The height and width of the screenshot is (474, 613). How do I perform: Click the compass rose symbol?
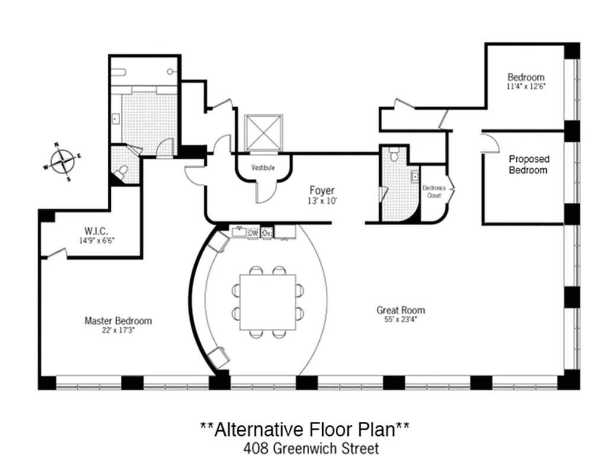point(62,161)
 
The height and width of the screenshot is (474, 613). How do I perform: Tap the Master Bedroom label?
point(118,321)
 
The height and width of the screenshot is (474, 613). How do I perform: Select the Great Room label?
point(400,310)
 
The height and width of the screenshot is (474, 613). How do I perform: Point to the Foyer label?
point(322,190)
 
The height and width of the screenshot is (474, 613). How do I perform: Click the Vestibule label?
point(263,168)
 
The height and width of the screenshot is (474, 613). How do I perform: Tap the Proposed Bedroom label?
point(529,164)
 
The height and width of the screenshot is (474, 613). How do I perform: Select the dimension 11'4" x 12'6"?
point(525,87)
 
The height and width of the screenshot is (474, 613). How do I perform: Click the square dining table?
point(267,302)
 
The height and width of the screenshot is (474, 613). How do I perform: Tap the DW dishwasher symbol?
point(253,233)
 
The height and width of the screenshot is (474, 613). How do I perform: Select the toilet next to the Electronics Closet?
point(394,156)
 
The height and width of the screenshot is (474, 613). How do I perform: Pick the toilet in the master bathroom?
point(121,172)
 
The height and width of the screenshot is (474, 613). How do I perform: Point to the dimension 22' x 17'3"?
point(118,331)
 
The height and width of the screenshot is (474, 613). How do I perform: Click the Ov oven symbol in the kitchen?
point(267,233)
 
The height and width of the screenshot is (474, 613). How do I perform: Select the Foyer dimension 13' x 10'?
point(322,200)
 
